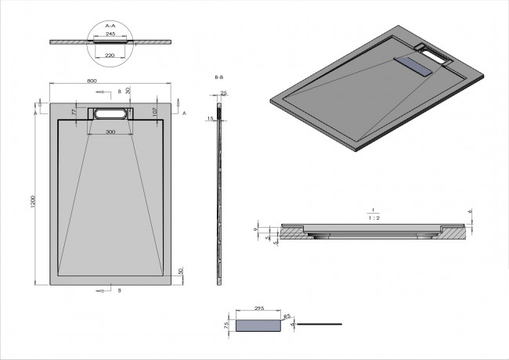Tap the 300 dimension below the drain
point(110,132)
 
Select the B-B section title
point(220,78)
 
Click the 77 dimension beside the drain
point(74,113)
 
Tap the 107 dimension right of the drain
point(157,112)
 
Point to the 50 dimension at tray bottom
point(180,271)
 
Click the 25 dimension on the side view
point(224,93)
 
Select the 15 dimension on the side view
point(211,118)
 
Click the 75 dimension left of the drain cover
point(226,323)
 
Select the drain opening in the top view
point(110,113)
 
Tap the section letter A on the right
point(184,113)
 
